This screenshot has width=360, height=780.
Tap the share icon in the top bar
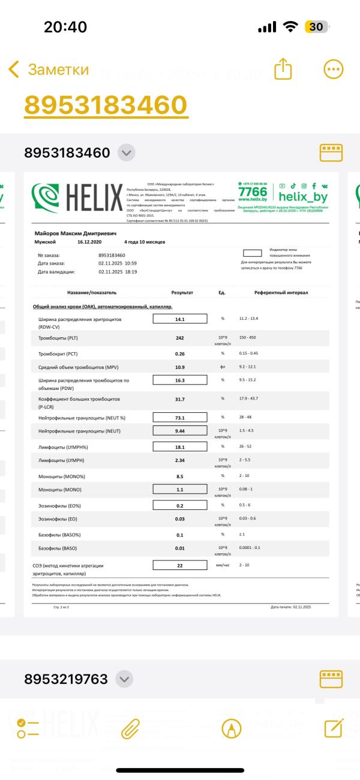(x=283, y=70)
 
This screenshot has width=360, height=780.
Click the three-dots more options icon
(x=333, y=70)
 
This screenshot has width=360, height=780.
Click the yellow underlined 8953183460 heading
(x=106, y=105)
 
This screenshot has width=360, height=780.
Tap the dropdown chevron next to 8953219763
(x=124, y=679)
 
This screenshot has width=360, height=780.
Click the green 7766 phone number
(x=252, y=191)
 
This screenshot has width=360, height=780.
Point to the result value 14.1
(x=179, y=319)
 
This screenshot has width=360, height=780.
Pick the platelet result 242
(x=179, y=338)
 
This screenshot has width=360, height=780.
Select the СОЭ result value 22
(x=179, y=565)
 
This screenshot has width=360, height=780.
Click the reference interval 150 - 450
(x=247, y=338)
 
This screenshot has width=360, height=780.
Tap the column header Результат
(x=182, y=292)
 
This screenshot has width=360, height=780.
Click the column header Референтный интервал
(x=281, y=292)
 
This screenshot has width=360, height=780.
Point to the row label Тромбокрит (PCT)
(x=62, y=353)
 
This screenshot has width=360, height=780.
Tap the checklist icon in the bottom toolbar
(x=28, y=728)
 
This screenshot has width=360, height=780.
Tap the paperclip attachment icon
(x=130, y=728)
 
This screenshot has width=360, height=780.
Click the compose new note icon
(x=333, y=728)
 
